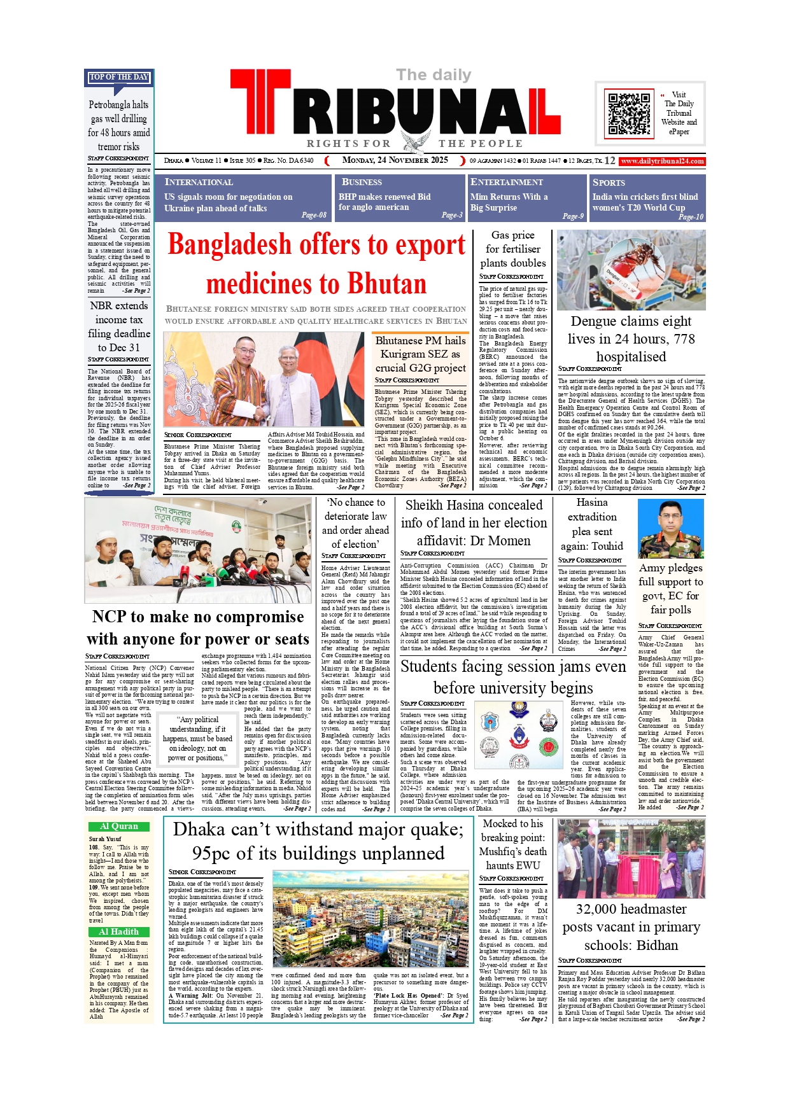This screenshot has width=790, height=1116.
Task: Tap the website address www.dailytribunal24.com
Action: click(x=662, y=161)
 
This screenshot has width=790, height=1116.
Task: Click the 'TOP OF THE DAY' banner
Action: click(x=119, y=77)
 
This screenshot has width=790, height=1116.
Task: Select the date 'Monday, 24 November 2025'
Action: click(x=395, y=160)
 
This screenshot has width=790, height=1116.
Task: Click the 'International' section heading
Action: click(x=199, y=182)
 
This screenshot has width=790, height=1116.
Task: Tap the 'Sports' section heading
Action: click(x=609, y=182)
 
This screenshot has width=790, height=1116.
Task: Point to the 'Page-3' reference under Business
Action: click(x=452, y=215)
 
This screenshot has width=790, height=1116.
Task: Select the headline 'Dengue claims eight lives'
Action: click(x=631, y=338)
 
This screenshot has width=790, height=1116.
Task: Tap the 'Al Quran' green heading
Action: click(x=119, y=826)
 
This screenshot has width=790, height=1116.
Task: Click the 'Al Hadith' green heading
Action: click(x=119, y=931)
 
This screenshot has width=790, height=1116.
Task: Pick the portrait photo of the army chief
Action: click(x=671, y=528)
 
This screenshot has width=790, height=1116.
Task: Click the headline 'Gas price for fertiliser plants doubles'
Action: click(x=512, y=249)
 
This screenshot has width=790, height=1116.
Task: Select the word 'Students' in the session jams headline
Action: click(x=428, y=666)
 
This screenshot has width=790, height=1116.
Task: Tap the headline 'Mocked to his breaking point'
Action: click(x=512, y=844)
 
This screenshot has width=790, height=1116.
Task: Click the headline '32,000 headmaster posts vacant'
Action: click(x=631, y=926)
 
